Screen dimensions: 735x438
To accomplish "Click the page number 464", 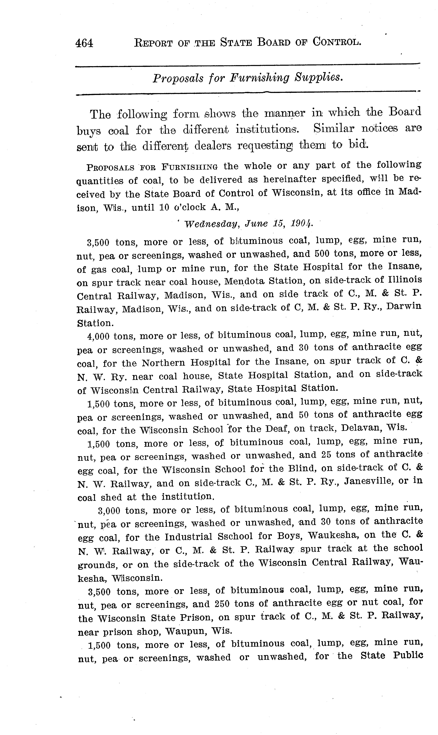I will pos(84,43).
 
